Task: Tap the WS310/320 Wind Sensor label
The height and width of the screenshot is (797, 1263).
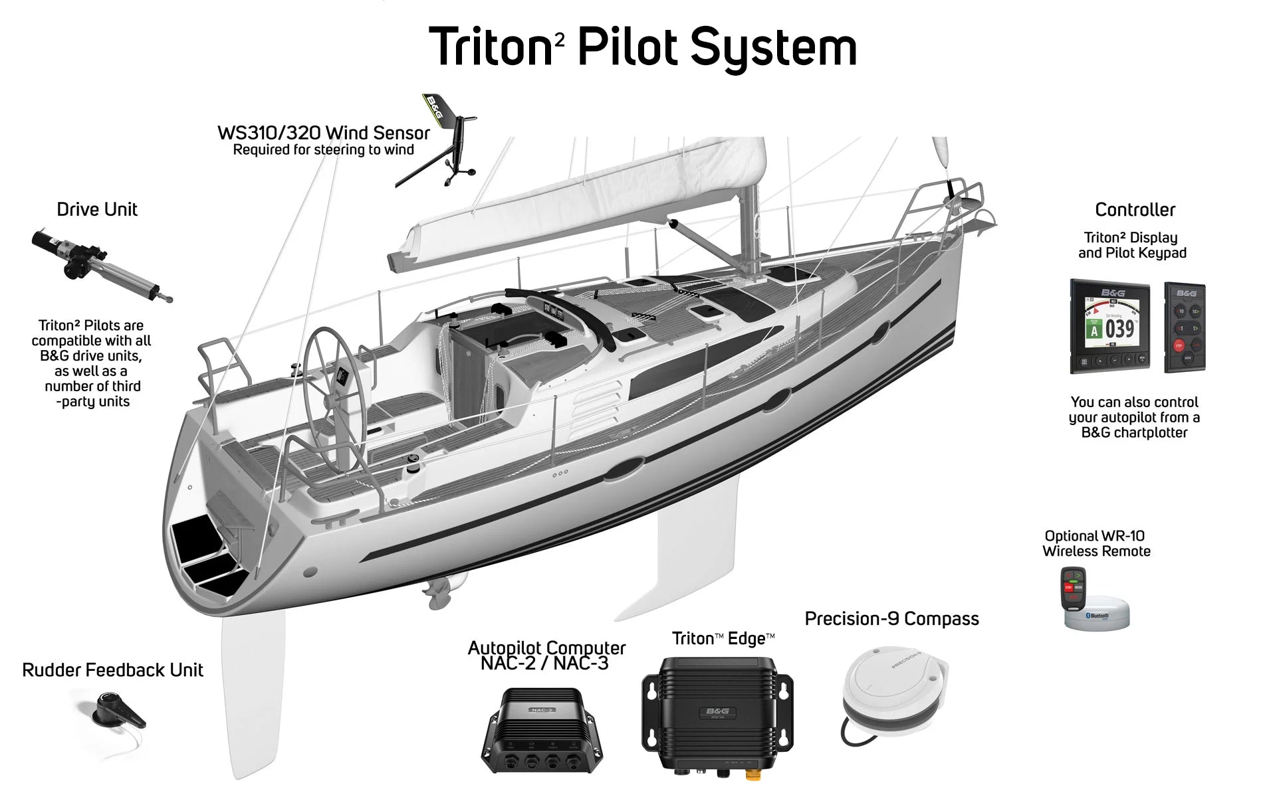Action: [x=323, y=133]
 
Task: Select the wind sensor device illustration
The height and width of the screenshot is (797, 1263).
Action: [x=442, y=143]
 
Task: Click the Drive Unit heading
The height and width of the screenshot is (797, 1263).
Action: [x=97, y=209]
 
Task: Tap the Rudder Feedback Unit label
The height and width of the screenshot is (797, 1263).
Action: [x=112, y=669]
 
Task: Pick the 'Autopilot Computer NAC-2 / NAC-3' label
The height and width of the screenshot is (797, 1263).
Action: [x=546, y=656]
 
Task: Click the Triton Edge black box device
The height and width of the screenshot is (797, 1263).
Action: [x=717, y=714]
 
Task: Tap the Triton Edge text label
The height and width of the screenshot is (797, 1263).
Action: [x=723, y=638]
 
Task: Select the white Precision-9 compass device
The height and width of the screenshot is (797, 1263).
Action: [x=891, y=687]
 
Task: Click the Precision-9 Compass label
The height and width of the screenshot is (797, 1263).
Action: [x=891, y=618]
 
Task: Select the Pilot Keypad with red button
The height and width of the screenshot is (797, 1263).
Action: [x=1185, y=327]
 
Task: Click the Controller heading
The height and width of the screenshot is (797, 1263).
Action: [x=1135, y=210]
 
